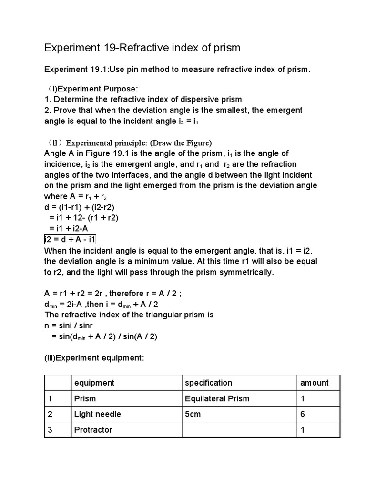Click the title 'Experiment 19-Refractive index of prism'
(x=142, y=48)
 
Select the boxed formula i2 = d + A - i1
(x=70, y=239)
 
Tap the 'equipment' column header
(x=94, y=383)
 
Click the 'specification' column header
(x=208, y=383)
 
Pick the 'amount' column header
(x=314, y=383)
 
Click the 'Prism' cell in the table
(x=85, y=398)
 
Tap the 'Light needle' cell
(x=97, y=414)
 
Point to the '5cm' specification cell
(x=193, y=414)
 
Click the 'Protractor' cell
(x=93, y=430)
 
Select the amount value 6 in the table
(x=302, y=414)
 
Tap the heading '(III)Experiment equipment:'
(x=94, y=357)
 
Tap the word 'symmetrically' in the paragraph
(x=247, y=272)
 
